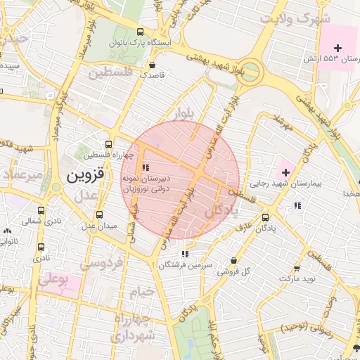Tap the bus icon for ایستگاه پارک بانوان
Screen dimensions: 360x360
point(141,32)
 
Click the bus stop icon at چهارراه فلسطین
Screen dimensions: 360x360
point(108,143)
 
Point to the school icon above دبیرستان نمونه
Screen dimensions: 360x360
point(146,167)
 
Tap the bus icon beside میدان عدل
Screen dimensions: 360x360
point(98,214)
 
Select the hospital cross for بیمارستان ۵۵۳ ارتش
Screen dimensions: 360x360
point(337,47)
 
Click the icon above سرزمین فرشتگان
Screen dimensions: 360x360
point(184,253)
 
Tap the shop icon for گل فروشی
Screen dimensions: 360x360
point(233,260)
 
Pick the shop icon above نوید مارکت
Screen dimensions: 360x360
point(297,268)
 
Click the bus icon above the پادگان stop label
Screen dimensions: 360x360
point(265,217)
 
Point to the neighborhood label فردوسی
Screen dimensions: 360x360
point(101,264)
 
